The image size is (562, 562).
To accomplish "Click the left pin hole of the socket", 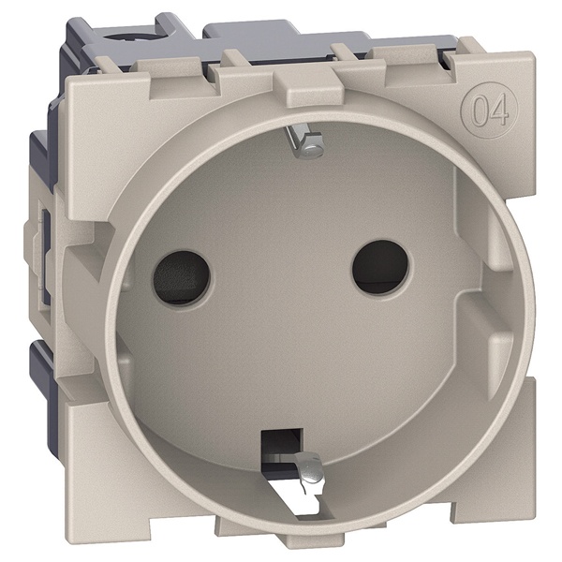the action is (x=181, y=278).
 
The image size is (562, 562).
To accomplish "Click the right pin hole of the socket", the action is (x=380, y=267).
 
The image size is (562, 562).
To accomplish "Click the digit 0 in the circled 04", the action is (x=481, y=110).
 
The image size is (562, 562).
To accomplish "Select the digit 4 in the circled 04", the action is (x=499, y=110).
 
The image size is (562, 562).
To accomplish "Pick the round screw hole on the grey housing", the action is (x=115, y=37).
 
